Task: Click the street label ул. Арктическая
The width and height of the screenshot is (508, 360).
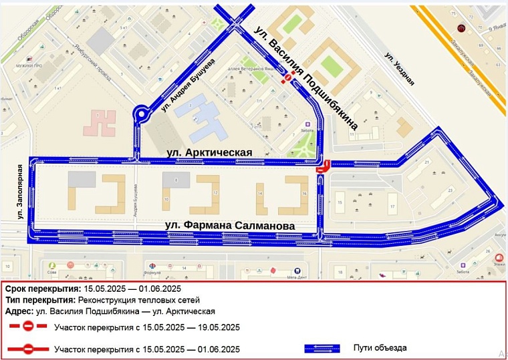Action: [209, 152]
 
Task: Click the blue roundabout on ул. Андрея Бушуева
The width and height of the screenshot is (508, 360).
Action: [142, 115]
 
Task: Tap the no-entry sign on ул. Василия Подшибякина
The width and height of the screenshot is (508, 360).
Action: [288, 79]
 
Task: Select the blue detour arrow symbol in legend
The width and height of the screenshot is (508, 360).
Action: [324, 348]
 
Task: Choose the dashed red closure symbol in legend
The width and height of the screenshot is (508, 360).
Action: [28, 327]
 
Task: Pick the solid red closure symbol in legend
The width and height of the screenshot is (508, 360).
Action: [28, 349]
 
